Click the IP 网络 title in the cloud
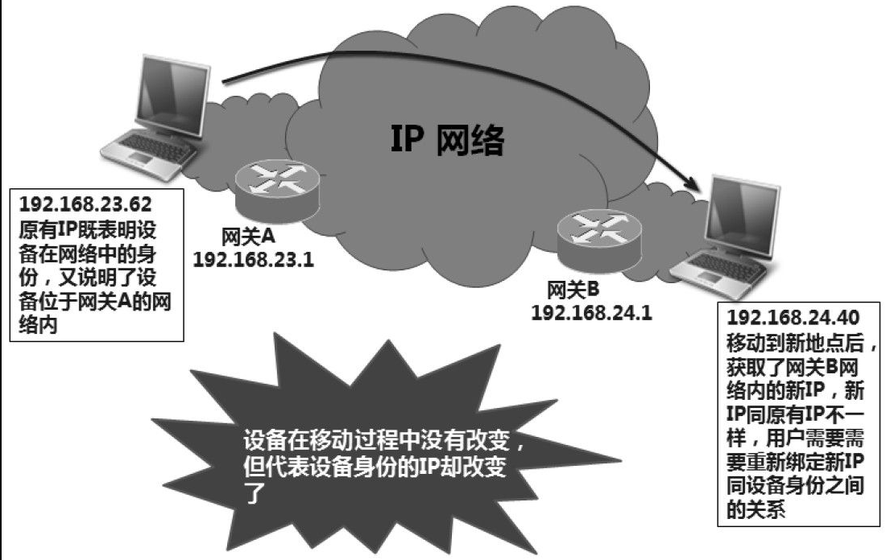point(447,139)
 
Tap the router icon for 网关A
point(277,190)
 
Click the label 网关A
point(248,237)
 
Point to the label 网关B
point(573,290)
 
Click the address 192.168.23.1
point(253,259)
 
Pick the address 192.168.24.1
point(592,312)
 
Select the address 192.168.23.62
point(85,204)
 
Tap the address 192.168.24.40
point(793,317)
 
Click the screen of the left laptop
point(170,95)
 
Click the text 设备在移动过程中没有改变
point(378,440)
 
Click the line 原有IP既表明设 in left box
point(88,230)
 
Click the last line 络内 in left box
point(38,325)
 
